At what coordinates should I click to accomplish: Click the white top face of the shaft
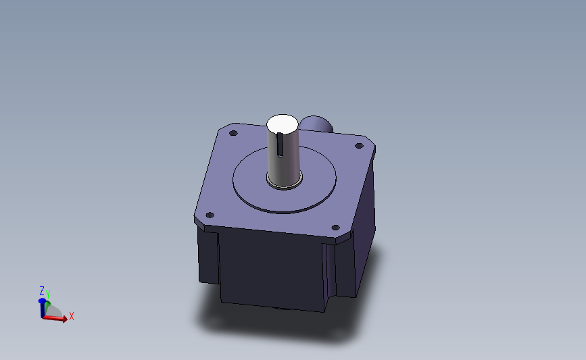pos(282,124)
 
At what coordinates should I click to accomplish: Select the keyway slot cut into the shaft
pos(280,145)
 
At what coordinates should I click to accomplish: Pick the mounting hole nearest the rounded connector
pos(359,146)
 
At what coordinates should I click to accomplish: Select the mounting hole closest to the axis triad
pos(210,215)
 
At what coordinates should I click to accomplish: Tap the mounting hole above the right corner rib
pos(336,228)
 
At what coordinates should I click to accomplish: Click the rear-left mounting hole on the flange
pos(233,133)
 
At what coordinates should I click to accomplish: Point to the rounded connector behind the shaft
pos(317,124)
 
